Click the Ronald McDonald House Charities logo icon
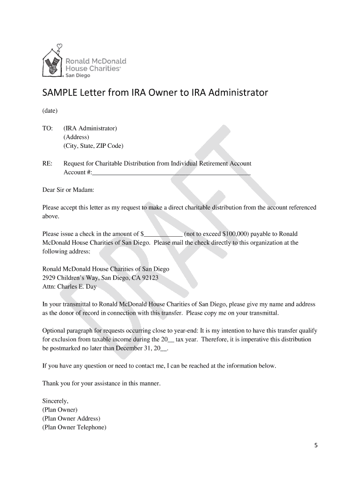click(52, 61)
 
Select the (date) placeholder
click(50, 111)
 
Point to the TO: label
click(47, 128)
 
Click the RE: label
click(47, 163)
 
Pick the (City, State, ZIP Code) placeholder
click(94, 145)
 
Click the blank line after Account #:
click(171, 173)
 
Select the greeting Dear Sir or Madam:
click(68, 190)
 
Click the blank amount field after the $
click(163, 234)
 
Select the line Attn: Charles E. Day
click(70, 287)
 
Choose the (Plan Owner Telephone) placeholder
click(74, 427)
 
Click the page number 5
click(316, 445)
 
